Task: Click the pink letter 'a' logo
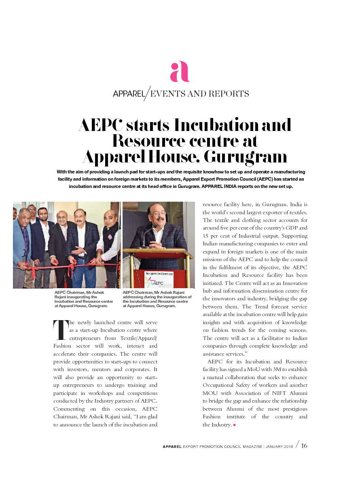[180, 72]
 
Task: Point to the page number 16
[304, 446]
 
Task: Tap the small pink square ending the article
[235, 425]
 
